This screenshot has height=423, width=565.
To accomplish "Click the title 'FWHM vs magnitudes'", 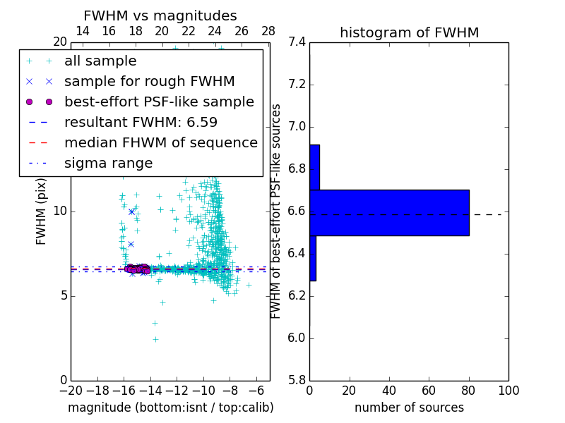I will [x=160, y=16].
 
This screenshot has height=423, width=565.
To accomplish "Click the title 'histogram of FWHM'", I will [x=409, y=32].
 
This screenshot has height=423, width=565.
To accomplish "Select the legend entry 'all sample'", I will [x=100, y=61].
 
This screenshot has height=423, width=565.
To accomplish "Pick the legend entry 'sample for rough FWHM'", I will [x=149, y=82].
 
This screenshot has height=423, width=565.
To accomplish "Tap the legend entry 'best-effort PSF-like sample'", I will [x=159, y=102].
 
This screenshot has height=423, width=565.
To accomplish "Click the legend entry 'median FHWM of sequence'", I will [x=160, y=143].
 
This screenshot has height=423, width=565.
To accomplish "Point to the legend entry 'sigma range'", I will [x=108, y=164].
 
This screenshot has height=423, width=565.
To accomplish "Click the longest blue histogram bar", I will [x=389, y=212].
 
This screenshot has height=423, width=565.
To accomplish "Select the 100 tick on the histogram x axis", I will [x=508, y=391].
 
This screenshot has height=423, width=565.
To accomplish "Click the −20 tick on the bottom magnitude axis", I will [x=71, y=391].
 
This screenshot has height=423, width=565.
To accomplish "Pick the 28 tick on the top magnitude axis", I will [x=268, y=31].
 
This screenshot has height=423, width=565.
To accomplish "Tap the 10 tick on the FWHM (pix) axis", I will [x=59, y=211].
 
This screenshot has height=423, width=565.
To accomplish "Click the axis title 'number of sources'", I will [x=409, y=407].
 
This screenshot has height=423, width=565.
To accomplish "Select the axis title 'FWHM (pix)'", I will [x=42, y=212].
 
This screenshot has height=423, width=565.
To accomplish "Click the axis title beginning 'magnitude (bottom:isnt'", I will [x=170, y=407].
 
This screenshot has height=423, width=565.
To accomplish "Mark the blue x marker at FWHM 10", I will [x=131, y=211].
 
